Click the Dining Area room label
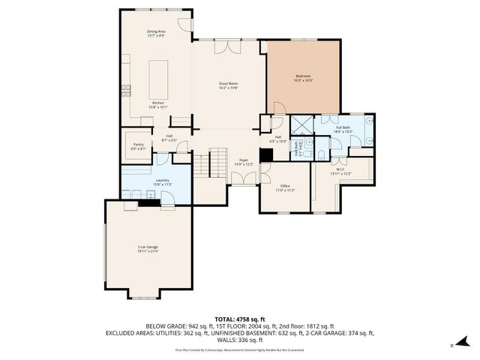pos(156,33)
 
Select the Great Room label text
pos(228,85)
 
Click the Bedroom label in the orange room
pos(303,78)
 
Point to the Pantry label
pos(138,146)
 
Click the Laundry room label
pos(163,181)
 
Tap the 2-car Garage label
pos(147,249)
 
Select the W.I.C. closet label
pos(340,172)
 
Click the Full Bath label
pos(343,130)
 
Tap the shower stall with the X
pos(302,125)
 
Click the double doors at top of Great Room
pos(223,47)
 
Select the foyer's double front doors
pos(242,178)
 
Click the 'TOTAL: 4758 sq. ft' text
pos(239,319)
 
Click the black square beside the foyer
pos(265,156)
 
